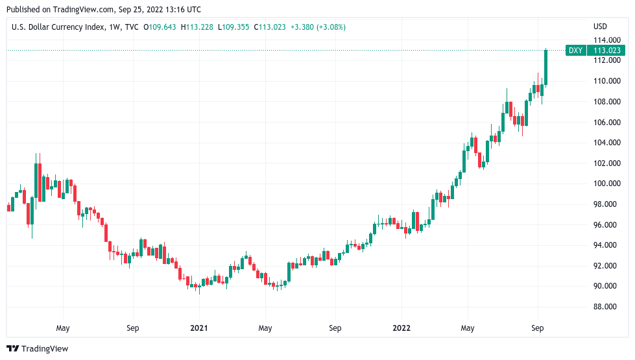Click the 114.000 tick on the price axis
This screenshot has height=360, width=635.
(x=604, y=40)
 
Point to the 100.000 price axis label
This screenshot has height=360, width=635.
(x=604, y=184)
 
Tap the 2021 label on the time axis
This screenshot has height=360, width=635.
(x=200, y=328)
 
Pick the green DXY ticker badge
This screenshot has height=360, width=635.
(x=575, y=51)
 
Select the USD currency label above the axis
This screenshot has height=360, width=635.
(x=600, y=27)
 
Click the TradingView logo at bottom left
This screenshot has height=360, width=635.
(x=38, y=349)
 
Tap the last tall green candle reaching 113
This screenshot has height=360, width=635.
(x=545, y=67)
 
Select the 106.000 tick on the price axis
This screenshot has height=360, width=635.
(x=604, y=122)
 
